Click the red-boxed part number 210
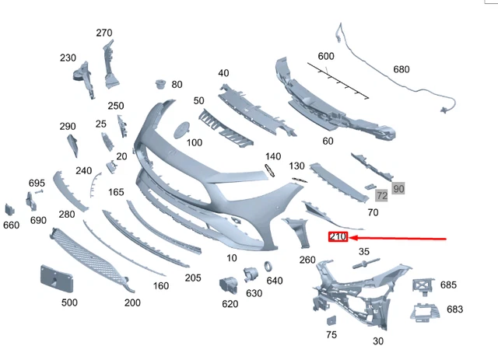(338, 236)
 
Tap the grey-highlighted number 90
(398, 188)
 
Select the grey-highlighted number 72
(381, 196)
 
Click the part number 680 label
(401, 69)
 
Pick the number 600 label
(325, 56)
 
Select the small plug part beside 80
(160, 82)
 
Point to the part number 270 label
(104, 33)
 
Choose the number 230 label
(68, 58)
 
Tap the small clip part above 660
(10, 209)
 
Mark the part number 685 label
(449, 285)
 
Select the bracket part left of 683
(424, 312)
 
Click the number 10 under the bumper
(232, 257)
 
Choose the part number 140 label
(272, 156)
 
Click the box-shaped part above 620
(228, 285)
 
